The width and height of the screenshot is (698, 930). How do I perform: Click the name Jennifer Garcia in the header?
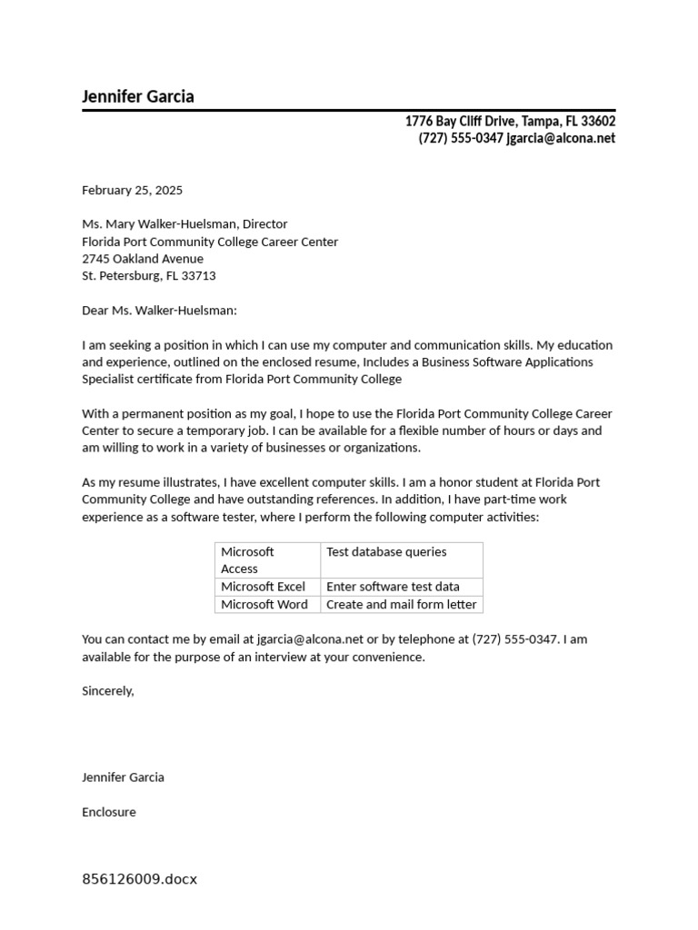point(138,96)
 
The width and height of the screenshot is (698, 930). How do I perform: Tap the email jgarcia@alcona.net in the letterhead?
point(561,138)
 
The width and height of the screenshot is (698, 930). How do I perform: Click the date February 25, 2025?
point(132,190)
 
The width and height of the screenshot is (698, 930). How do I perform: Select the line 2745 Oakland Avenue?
point(143,259)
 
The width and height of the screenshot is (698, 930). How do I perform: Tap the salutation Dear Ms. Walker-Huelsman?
point(159,311)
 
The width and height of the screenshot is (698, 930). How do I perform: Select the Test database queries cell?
point(386,551)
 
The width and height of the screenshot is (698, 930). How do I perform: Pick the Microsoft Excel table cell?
point(263,587)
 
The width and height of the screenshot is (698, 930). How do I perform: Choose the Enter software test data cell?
point(393,587)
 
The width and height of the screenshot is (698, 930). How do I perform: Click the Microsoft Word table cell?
point(264,604)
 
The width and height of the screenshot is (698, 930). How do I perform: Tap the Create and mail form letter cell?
point(401,604)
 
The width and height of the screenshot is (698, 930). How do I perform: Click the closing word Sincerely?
point(107,691)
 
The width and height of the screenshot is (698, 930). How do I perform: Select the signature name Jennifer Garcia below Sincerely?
point(123,777)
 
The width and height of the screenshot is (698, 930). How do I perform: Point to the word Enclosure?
point(109,812)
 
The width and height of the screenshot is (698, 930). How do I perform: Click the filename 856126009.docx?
point(139,879)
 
